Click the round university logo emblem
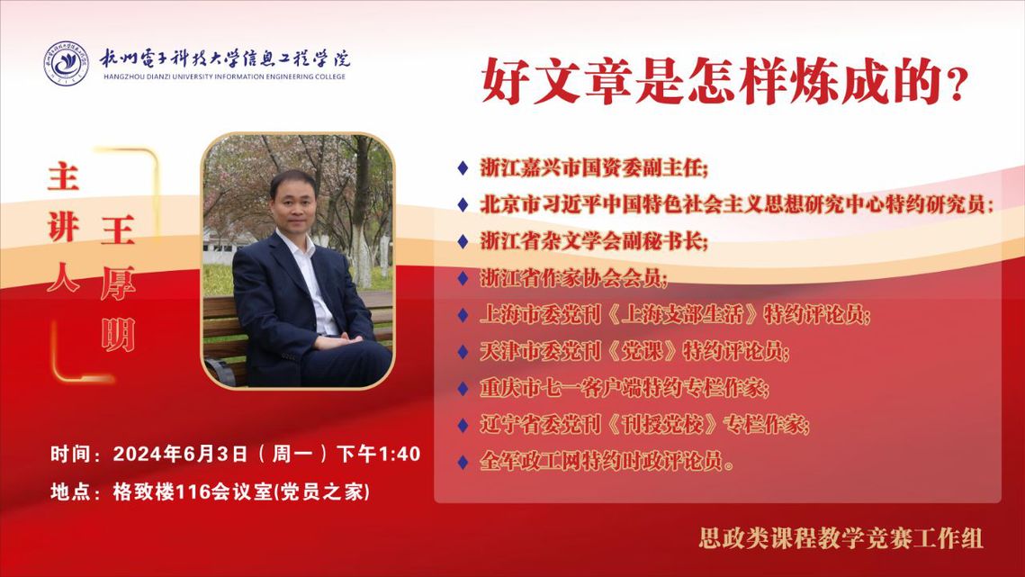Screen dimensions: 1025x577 tap(66, 63)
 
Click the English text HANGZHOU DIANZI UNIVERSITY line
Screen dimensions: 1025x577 tap(224, 77)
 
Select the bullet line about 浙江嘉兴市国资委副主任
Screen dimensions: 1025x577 tap(594, 168)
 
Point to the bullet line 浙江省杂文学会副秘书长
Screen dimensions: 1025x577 tap(594, 241)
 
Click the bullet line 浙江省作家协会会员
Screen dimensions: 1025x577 tap(574, 278)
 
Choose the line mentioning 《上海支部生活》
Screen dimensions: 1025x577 tap(675, 315)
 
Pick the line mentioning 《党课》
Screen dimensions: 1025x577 tap(634, 351)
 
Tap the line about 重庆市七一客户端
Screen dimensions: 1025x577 tap(625, 388)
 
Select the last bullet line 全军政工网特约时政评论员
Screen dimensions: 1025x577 tap(607, 461)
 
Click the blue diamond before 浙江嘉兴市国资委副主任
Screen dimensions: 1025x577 tap(463, 168)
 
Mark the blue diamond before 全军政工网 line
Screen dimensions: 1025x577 tap(463, 462)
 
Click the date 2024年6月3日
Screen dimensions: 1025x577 tap(180, 454)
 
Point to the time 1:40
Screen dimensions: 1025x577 tap(399, 454)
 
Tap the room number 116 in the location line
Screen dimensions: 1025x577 tap(193, 491)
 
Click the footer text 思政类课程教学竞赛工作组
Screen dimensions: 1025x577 tap(841, 538)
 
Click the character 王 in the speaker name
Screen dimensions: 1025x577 tap(118, 231)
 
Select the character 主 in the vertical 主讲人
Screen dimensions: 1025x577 tap(63, 177)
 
